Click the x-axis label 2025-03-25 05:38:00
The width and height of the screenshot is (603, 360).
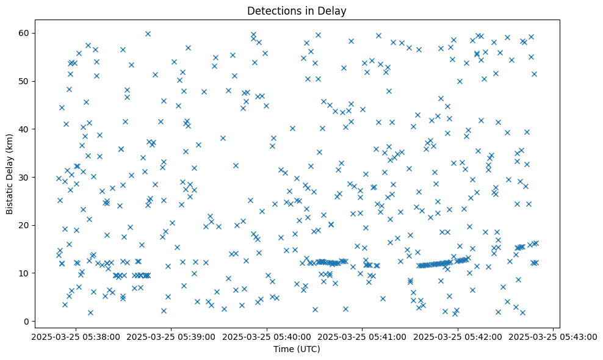(x=75, y=336)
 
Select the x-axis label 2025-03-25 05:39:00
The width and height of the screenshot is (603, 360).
(x=171, y=336)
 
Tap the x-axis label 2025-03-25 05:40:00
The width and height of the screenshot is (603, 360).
(x=267, y=336)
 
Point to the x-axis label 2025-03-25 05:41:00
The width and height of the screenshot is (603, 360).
(x=363, y=336)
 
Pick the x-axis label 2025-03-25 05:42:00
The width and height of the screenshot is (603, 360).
(x=458, y=336)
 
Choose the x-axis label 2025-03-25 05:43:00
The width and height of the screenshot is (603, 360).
(x=554, y=336)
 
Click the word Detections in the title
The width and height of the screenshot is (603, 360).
(x=269, y=11)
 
